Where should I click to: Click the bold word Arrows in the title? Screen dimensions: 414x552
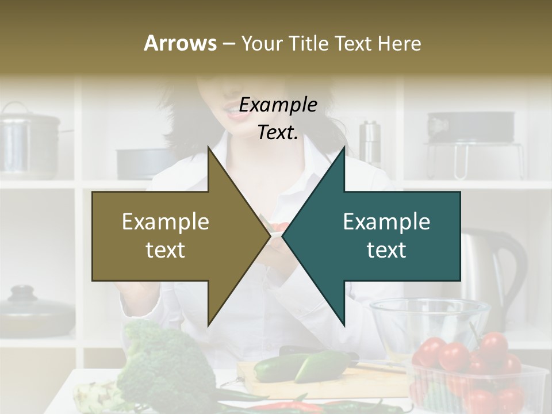[180, 43]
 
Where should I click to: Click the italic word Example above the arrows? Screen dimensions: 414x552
[278, 105]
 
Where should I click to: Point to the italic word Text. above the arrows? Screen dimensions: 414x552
[278, 132]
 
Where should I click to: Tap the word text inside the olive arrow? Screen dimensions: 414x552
[165, 250]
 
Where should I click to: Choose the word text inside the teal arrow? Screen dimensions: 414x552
[386, 250]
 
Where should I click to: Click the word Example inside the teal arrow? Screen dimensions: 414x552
[386, 222]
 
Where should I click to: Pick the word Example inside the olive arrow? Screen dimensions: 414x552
[165, 222]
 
